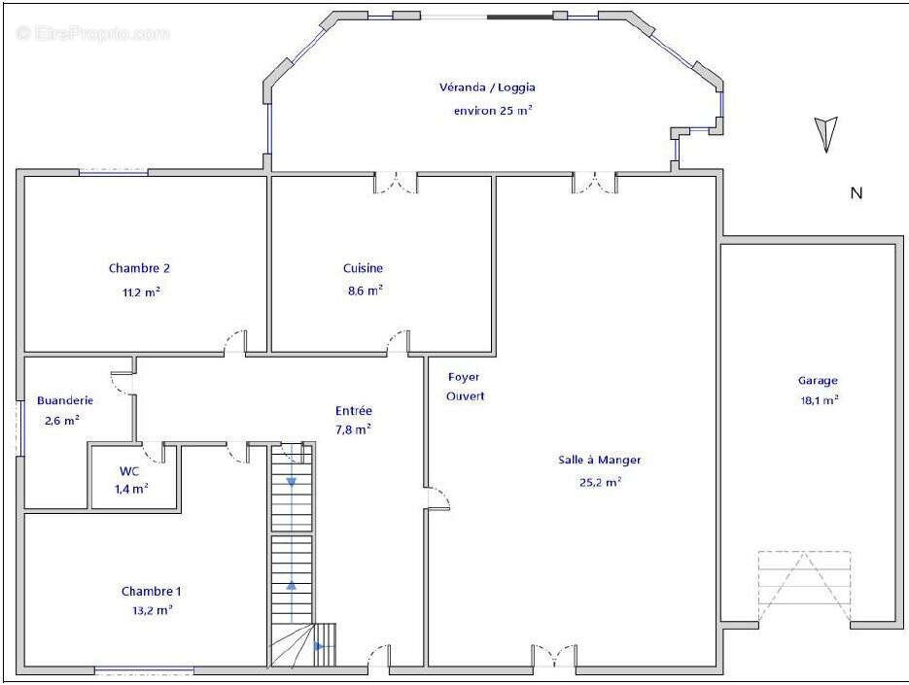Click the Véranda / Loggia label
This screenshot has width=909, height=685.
click(x=487, y=87)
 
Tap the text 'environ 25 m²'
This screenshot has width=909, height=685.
click(x=493, y=110)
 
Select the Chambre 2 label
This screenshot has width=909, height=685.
click(x=139, y=268)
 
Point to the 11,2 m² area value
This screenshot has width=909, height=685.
click(x=141, y=292)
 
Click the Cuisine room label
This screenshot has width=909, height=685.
click(x=363, y=268)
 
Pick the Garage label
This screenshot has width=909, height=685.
click(x=818, y=381)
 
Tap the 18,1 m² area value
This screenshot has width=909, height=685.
click(x=820, y=400)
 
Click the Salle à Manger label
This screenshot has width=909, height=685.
click(x=600, y=460)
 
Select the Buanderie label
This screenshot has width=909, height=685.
click(x=65, y=400)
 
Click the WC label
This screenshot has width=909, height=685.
click(x=129, y=471)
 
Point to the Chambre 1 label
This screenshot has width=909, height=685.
click(x=152, y=591)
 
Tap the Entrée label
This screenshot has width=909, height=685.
click(x=354, y=410)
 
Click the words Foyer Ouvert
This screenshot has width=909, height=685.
click(x=465, y=387)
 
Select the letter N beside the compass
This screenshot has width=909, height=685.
click(x=857, y=193)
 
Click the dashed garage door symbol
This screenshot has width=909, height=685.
click(x=804, y=587)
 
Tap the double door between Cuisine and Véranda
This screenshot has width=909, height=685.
click(x=396, y=182)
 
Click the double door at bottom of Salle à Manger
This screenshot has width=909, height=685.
click(x=554, y=656)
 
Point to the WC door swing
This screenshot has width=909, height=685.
click(x=153, y=453)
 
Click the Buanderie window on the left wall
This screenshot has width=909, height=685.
click(x=20, y=428)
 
